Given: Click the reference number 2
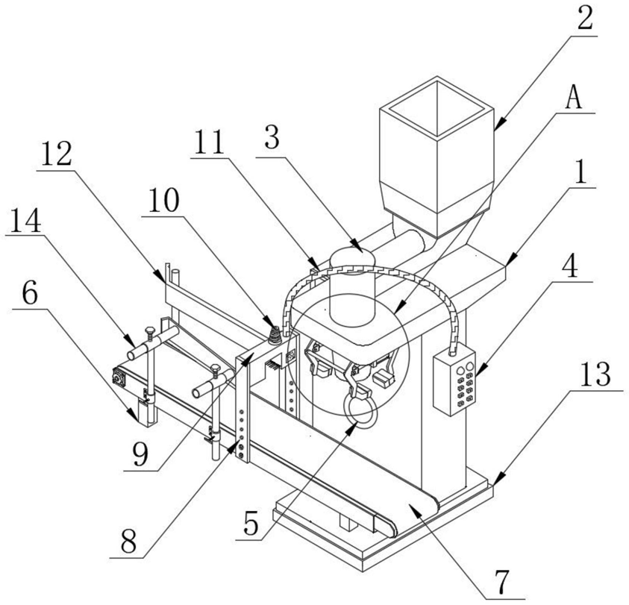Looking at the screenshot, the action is tap(584, 18).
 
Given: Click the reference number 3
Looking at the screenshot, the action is tap(272, 137).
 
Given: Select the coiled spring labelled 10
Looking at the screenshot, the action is tap(275, 335).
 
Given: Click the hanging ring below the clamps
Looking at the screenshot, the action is tap(360, 410).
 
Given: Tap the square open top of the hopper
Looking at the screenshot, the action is tap(436, 108).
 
